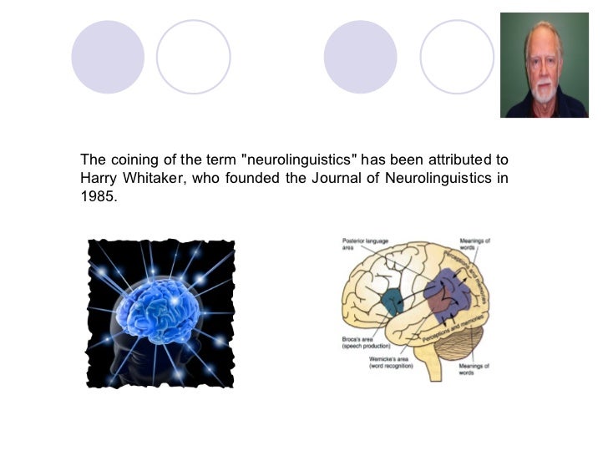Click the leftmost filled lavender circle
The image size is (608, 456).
pyautogui.click(x=108, y=57)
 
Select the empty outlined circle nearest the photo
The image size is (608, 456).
pyautogui.click(x=457, y=57)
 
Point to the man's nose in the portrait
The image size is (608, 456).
pyautogui.click(x=545, y=68)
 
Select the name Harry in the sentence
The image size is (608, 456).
pyautogui.click(x=97, y=177)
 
